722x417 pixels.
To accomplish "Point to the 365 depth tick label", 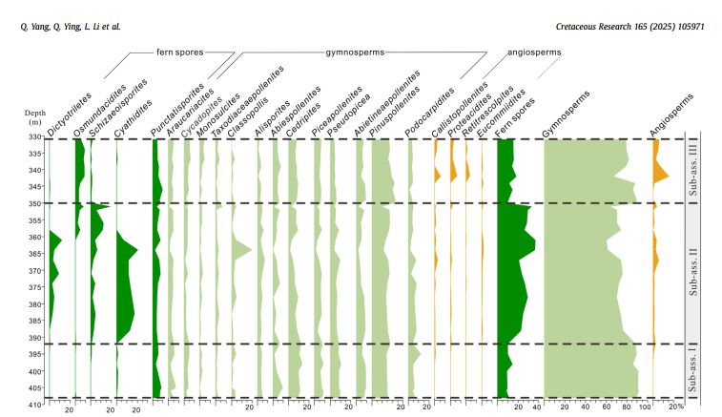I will [33, 254].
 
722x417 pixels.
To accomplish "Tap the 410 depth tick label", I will [33, 406].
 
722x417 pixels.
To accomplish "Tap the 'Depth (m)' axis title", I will [33, 116].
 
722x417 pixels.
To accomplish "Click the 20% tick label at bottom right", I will [676, 408].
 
